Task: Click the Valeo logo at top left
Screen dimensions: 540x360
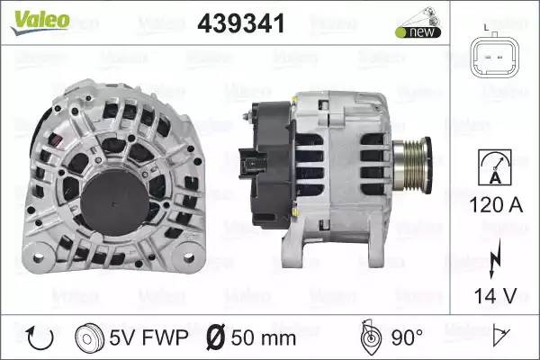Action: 40,22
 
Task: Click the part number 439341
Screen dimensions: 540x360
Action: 241,23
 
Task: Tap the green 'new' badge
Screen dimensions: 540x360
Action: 418,32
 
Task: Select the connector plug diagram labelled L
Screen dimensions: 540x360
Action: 494,54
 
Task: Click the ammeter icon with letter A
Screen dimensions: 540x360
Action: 495,167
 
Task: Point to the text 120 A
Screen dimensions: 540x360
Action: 496,205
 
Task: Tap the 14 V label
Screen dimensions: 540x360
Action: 495,295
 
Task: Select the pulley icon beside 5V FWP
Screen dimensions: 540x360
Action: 89,338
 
